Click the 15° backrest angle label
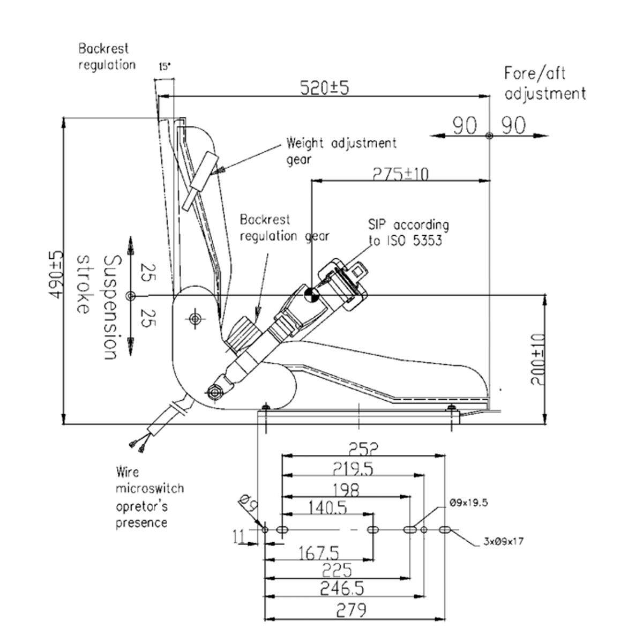pyautogui.click(x=165, y=67)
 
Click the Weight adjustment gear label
pyautogui.click(x=341, y=151)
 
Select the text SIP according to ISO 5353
pyautogui.click(x=408, y=232)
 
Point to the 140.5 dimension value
pyautogui.click(x=327, y=507)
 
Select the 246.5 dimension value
pyautogui.click(x=342, y=589)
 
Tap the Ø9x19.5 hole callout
pyautogui.click(x=469, y=503)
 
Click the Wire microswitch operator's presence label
pyautogui.click(x=149, y=497)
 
